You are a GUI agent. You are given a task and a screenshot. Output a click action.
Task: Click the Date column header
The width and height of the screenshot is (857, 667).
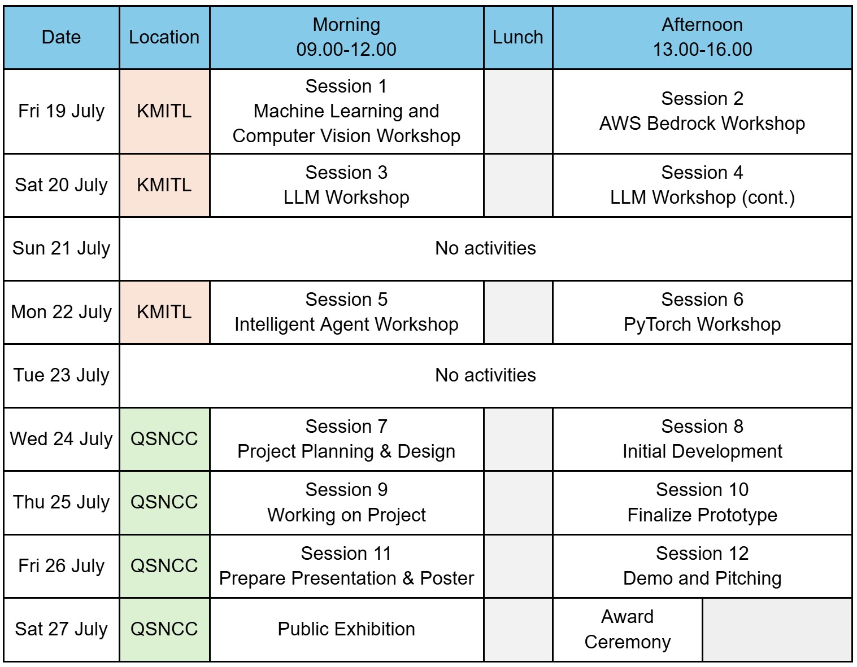(62, 37)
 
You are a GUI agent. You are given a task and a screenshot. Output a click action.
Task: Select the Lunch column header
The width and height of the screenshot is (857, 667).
(518, 37)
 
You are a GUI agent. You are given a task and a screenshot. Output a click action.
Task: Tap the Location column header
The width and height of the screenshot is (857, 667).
(164, 37)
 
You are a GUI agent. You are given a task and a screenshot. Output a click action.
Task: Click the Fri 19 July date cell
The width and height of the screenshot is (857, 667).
(62, 111)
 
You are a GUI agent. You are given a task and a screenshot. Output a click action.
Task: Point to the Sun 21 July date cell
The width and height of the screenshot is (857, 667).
(62, 248)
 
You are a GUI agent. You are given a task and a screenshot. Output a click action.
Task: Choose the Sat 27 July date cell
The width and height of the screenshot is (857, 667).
(62, 629)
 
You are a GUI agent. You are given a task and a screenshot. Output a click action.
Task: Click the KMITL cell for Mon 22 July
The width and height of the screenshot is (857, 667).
(164, 312)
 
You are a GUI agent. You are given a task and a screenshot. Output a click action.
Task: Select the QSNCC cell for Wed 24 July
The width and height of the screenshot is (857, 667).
(164, 439)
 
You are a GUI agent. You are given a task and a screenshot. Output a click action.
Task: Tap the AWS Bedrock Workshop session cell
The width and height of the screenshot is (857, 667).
(702, 111)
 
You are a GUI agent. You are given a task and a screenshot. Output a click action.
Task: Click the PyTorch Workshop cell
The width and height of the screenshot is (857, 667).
(702, 312)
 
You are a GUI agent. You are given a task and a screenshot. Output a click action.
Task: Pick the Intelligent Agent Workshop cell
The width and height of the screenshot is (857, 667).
(347, 312)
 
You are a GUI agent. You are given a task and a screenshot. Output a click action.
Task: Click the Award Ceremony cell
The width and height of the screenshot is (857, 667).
(628, 629)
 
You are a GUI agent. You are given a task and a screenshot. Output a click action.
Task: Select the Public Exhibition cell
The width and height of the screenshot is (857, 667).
(347, 629)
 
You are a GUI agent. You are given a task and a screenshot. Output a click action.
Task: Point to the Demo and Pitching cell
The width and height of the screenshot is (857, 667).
(702, 566)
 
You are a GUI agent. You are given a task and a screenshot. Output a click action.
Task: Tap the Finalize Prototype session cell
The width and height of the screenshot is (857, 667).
(702, 502)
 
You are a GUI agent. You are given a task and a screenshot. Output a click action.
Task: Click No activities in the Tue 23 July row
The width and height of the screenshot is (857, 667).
(485, 375)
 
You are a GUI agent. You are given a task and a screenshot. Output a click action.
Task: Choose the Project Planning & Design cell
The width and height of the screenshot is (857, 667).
(347, 439)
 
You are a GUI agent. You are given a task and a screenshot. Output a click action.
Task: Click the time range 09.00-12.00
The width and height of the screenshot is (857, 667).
(346, 50)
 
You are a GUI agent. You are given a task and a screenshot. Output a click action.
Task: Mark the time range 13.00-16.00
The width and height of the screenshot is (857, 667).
(702, 50)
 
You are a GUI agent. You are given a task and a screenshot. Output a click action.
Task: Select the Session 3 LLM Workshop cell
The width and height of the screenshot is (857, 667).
(347, 185)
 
